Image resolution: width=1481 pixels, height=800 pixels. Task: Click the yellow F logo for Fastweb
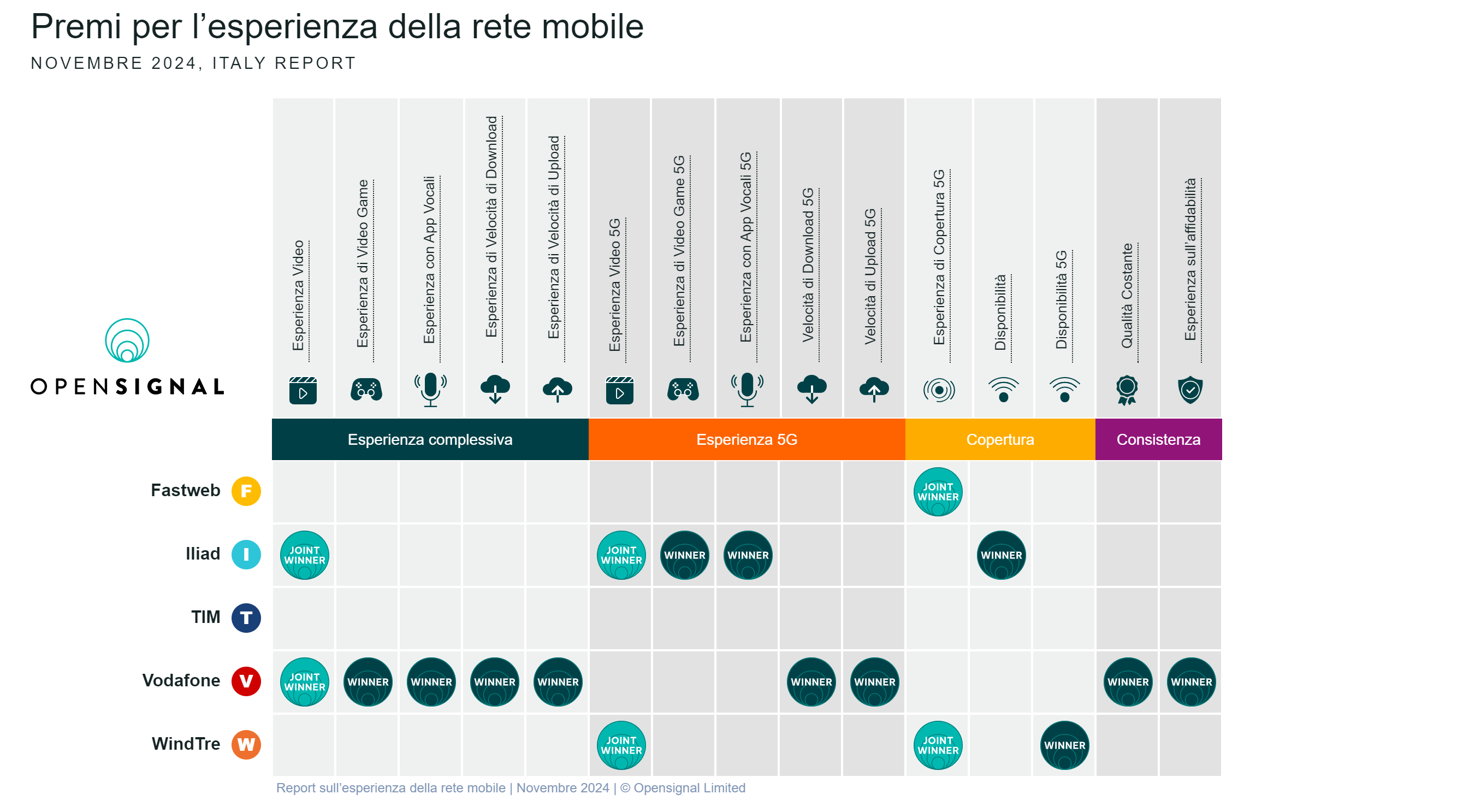point(246,491)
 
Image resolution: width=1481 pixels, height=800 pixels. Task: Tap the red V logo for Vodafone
point(246,681)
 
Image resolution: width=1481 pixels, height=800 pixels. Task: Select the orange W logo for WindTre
point(246,744)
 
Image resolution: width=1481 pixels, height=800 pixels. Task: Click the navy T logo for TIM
point(246,617)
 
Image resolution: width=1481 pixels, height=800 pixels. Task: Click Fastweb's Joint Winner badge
point(938,492)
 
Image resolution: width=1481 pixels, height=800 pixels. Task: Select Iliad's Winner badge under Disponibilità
point(1001,555)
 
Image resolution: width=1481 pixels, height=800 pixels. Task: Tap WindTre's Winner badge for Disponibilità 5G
point(1064,745)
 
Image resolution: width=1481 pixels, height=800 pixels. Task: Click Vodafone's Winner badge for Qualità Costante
point(1128,681)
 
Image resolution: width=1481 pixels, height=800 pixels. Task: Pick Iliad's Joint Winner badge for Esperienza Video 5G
point(621,555)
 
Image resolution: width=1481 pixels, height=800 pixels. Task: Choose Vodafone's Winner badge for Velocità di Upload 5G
point(874,681)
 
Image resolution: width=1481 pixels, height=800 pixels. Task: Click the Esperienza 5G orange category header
point(747,439)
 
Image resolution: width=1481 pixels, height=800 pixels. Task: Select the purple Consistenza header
point(1158,439)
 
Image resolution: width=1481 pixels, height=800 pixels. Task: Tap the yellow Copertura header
point(1000,439)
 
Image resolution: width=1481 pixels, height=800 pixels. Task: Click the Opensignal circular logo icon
point(127,340)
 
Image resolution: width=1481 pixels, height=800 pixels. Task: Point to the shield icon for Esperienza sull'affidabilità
point(1189,390)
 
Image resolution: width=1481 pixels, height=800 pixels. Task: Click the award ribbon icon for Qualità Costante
point(1126,390)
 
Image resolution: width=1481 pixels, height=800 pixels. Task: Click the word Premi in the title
point(76,26)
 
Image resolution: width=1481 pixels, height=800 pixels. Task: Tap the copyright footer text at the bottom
point(510,787)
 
